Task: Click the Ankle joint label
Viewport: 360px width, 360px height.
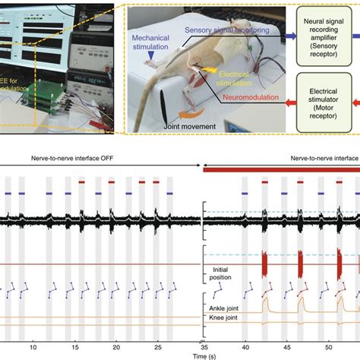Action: point(225,308)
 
